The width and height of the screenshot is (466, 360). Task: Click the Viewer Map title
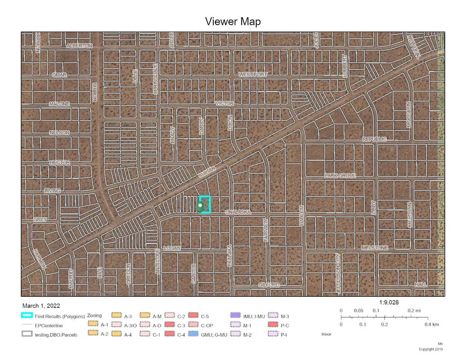pos(232,21)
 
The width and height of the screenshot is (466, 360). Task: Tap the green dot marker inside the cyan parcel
pos(200,207)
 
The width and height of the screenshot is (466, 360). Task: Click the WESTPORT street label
pos(253,75)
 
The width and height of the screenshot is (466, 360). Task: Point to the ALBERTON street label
pos(79,46)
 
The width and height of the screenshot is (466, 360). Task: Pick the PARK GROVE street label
pos(340,176)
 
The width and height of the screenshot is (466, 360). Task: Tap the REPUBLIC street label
pos(374,140)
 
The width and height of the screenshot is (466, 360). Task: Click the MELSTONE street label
pos(374,248)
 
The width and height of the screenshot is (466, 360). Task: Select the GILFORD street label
pos(270,285)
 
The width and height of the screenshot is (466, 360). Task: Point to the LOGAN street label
pos(172,248)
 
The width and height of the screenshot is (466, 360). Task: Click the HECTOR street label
pos(59,162)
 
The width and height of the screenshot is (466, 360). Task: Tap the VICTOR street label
pos(225,104)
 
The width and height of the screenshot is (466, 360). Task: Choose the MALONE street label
pos(59,104)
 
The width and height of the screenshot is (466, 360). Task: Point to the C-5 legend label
pos(205,315)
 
